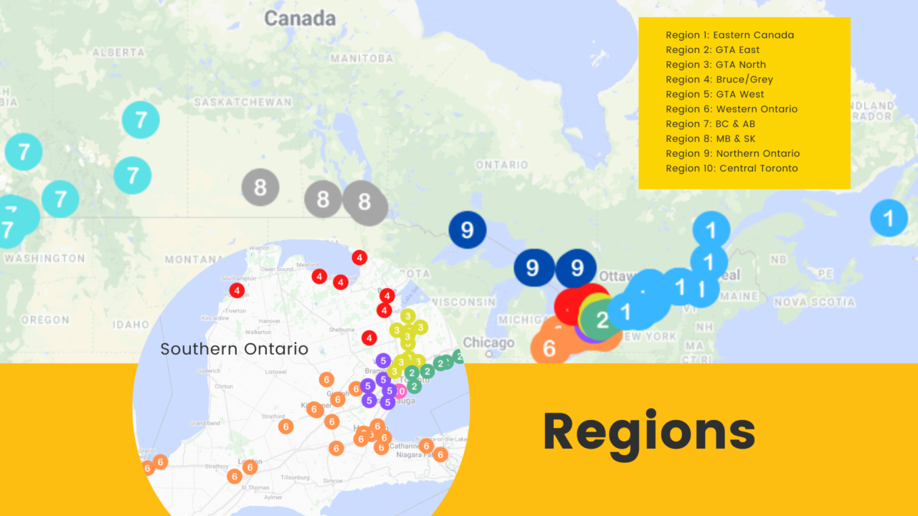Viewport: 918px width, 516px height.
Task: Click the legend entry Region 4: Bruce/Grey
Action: [719, 80]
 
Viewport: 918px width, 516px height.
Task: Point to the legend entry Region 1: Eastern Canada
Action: [729, 35]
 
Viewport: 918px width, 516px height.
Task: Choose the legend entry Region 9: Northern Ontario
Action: [732, 153]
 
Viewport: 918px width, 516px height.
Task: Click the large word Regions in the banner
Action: [649, 431]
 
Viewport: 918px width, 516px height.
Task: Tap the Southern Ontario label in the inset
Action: [234, 350]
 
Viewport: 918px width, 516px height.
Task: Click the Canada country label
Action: [300, 19]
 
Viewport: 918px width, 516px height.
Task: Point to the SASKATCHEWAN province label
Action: [242, 102]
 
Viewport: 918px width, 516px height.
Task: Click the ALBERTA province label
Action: [118, 52]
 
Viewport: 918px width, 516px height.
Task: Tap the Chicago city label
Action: [488, 343]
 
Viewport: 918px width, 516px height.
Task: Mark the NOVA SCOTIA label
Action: [814, 302]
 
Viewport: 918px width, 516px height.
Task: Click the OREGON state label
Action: [44, 320]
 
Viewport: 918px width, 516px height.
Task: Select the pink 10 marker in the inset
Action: [399, 391]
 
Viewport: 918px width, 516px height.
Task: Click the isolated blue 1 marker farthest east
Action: [889, 216]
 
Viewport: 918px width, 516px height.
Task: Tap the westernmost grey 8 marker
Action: [260, 188]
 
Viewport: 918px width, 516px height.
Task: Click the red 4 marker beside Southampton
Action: [237, 290]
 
